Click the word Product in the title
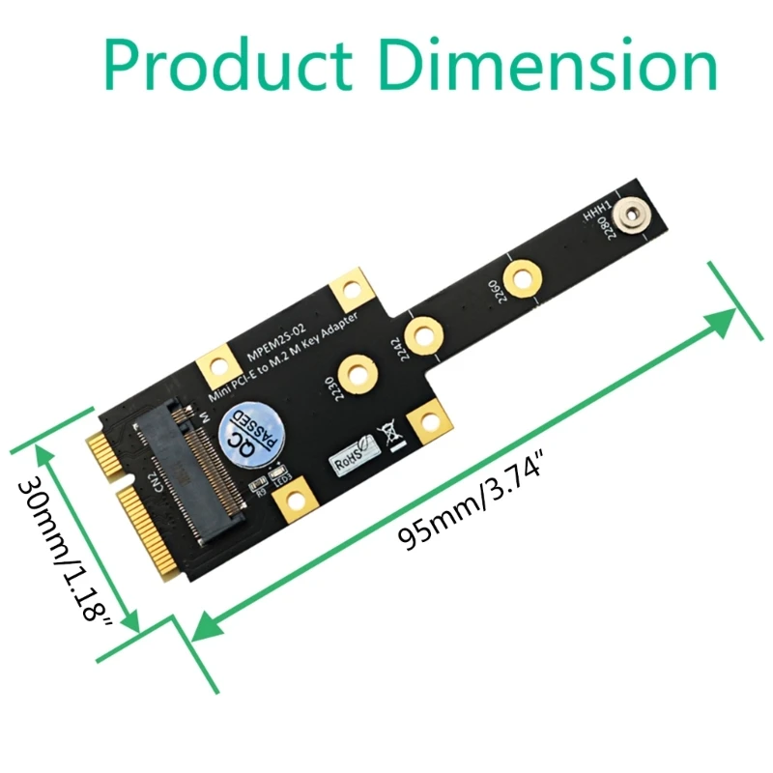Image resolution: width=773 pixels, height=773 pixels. tap(226, 65)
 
